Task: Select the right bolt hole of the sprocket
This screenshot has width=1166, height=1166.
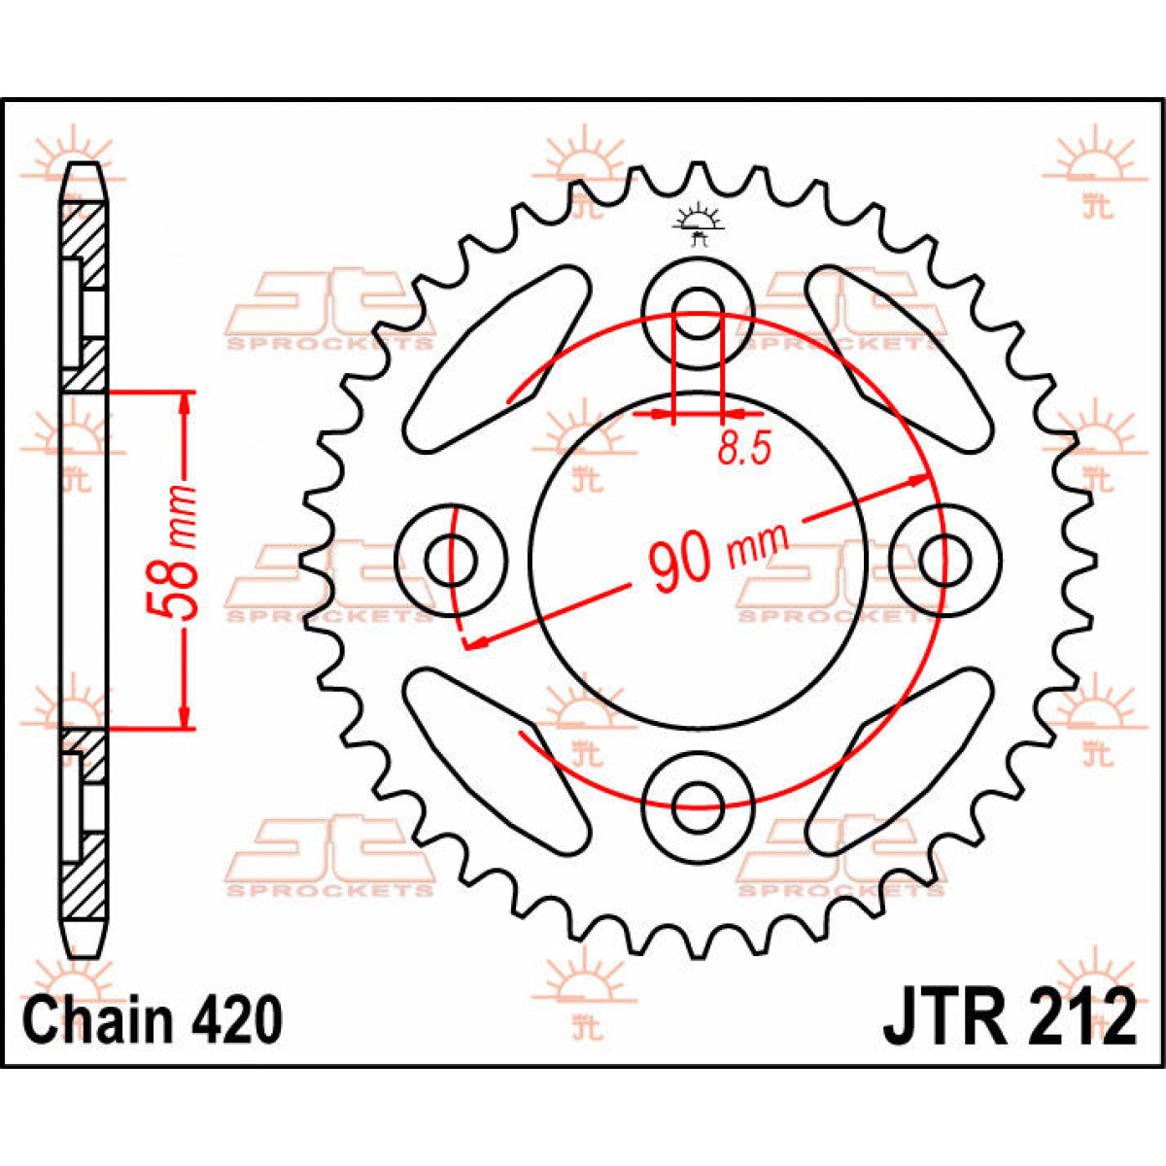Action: [x=944, y=560]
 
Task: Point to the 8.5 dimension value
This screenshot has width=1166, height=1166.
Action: [x=744, y=449]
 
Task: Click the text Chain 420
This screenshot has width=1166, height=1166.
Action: [x=153, y=1020]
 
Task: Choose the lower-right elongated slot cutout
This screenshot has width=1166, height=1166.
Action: [x=902, y=760]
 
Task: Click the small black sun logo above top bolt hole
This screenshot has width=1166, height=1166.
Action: [x=698, y=223]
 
